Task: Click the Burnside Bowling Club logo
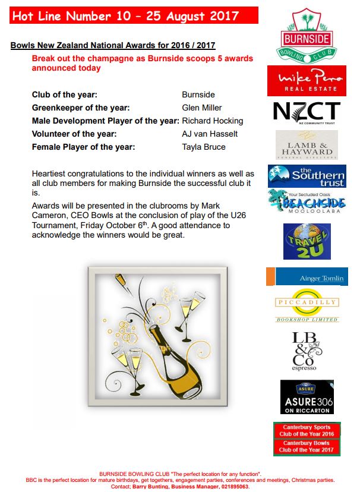307,35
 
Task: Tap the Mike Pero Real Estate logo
307,80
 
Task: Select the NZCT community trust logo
307,113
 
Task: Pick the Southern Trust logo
307,176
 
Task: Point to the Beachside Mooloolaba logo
307,202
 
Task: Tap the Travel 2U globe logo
307,242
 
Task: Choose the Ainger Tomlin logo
307,277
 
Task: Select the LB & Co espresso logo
307,351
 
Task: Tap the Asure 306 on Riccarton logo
307,397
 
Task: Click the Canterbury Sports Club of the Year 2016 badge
307,430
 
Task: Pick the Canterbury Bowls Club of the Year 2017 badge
307,447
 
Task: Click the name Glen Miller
202,108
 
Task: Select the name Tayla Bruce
204,147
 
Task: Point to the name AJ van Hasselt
210,134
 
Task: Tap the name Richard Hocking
212,121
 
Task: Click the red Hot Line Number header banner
134,15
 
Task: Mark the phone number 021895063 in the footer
230,486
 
